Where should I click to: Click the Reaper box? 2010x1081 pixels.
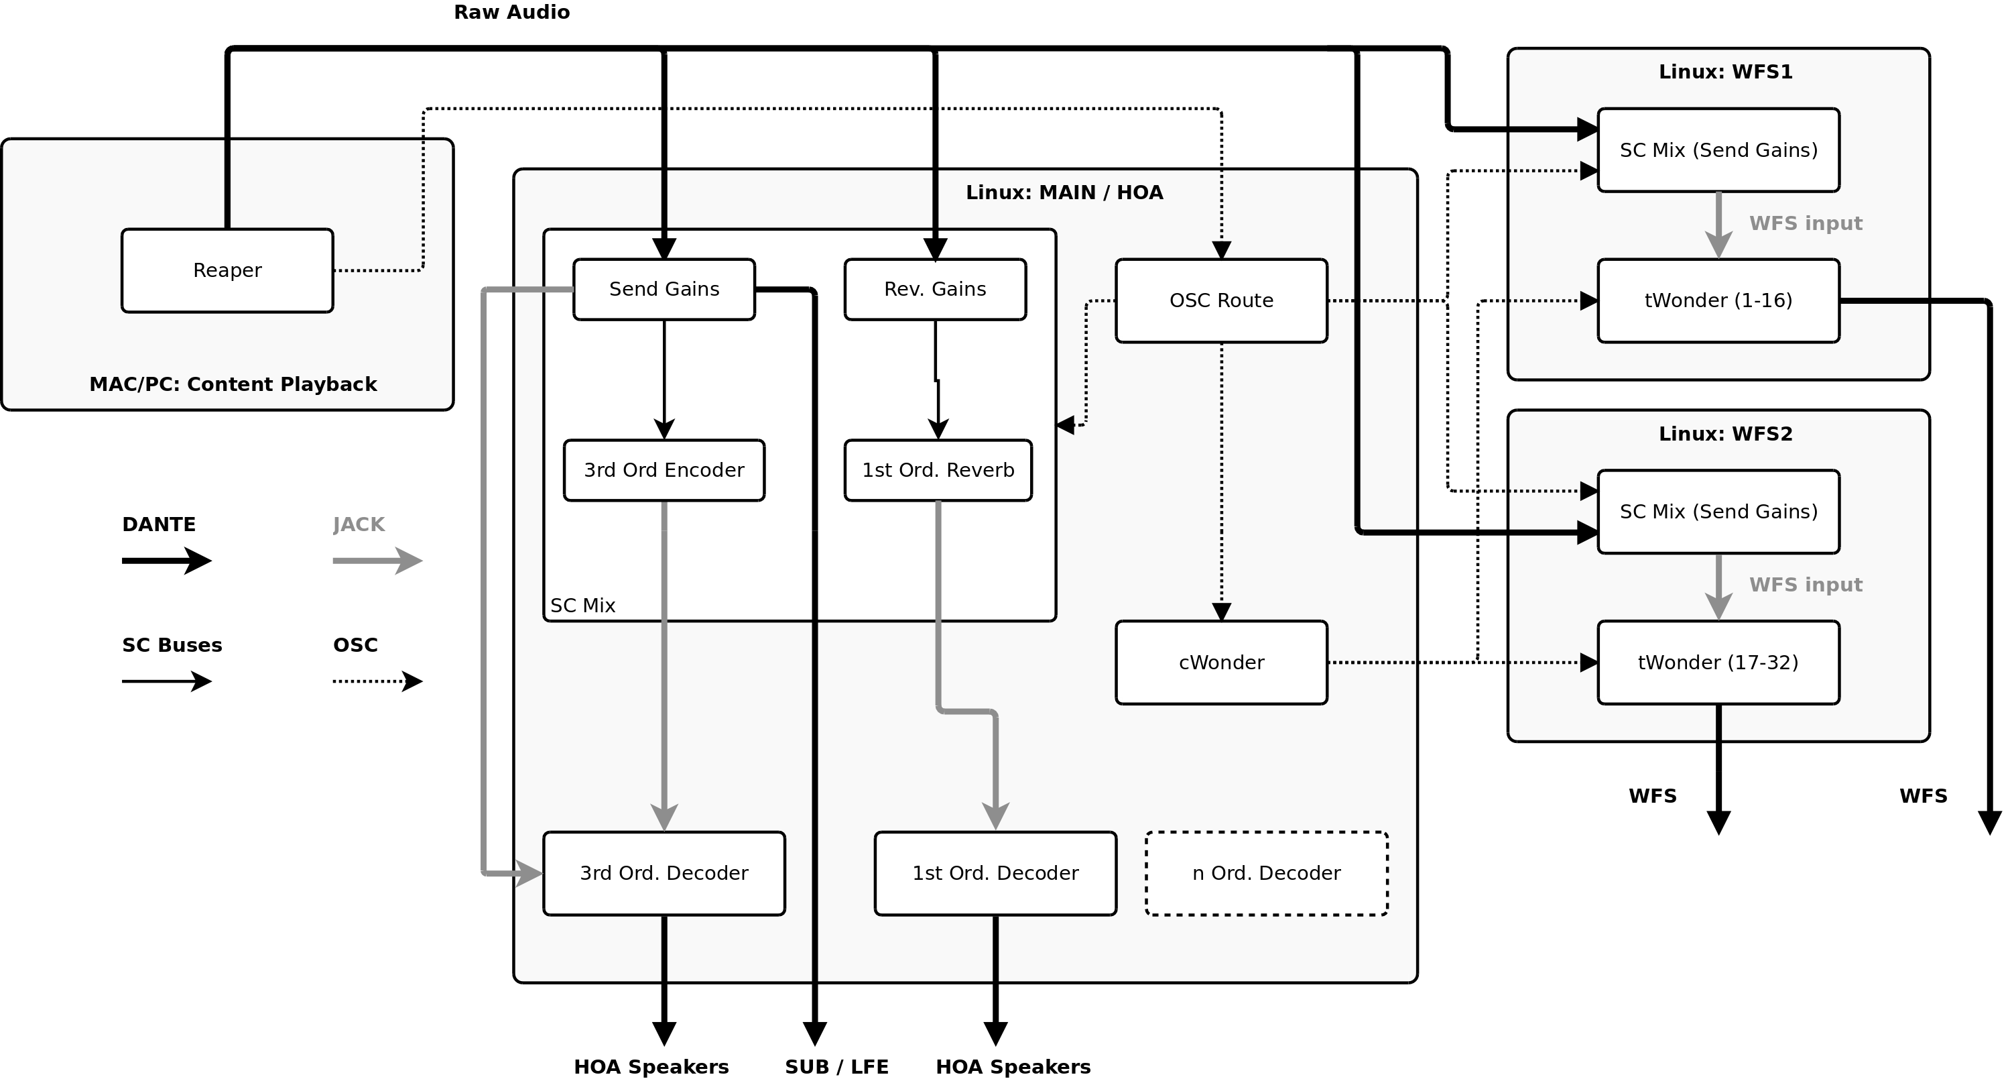tap(227, 270)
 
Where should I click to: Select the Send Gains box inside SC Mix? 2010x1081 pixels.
tap(664, 289)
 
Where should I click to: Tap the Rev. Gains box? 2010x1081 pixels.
tap(935, 289)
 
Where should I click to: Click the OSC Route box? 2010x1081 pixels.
tap(1221, 300)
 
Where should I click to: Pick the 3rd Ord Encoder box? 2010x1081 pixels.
tap(664, 470)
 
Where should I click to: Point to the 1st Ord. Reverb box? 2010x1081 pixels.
tap(938, 470)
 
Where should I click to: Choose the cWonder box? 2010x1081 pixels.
tap(1221, 663)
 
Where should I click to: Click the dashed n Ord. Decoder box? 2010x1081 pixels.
tap(1267, 872)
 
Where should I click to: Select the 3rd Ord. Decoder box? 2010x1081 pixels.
tap(664, 872)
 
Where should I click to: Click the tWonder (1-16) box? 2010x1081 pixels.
tap(1718, 300)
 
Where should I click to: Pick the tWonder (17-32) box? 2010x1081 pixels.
tap(1718, 663)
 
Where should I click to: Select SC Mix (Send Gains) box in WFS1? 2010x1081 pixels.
tap(1718, 150)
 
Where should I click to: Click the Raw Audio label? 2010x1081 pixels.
tap(512, 11)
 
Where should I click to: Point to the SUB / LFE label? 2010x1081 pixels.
tap(836, 1066)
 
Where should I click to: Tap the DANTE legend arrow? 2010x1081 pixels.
tap(166, 561)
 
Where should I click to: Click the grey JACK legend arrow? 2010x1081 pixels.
tap(377, 561)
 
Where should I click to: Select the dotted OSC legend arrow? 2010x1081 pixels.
tap(377, 681)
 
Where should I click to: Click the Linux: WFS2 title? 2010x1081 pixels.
tap(1725, 434)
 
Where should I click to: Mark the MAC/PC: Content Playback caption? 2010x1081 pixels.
tap(233, 384)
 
